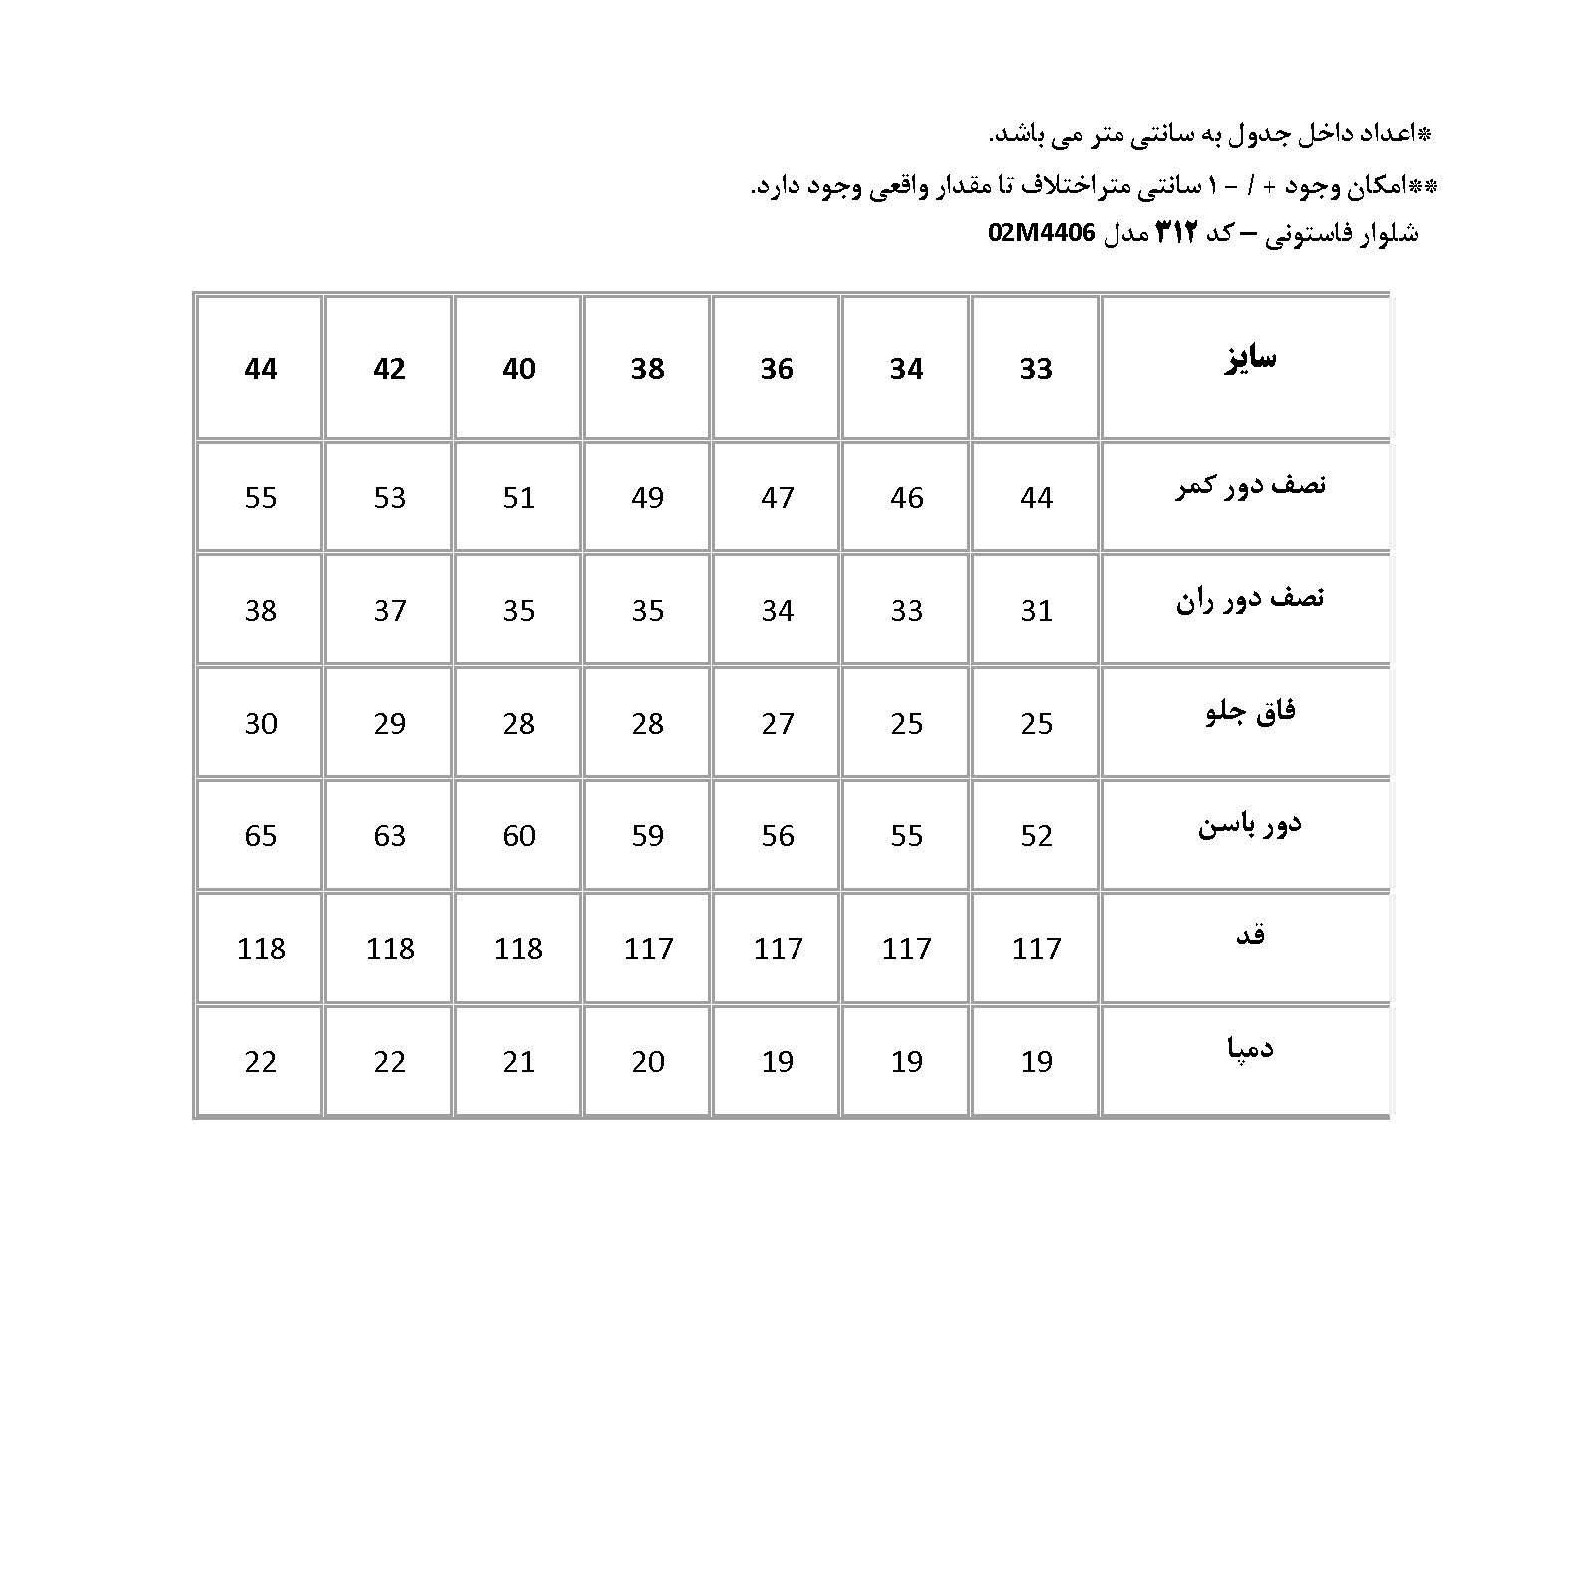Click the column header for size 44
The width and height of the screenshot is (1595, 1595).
pyautogui.click(x=261, y=369)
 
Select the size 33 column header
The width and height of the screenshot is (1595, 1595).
pyautogui.click(x=1036, y=369)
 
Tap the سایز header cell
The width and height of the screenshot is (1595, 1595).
pyautogui.click(x=1250, y=359)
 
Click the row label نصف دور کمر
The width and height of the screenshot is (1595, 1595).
pyautogui.click(x=1250, y=486)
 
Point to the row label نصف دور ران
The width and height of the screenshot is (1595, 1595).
pyautogui.click(x=1250, y=599)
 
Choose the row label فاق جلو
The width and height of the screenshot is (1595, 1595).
pyautogui.click(x=1250, y=712)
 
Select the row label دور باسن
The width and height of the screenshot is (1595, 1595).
pyautogui.click(x=1250, y=825)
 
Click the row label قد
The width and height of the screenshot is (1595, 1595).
pyautogui.click(x=1250, y=935)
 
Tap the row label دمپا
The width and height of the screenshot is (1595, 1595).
pyautogui.click(x=1250, y=1048)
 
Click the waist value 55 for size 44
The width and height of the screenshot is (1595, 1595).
pyautogui.click(x=261, y=497)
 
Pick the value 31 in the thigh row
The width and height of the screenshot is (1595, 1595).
pyautogui.click(x=1036, y=610)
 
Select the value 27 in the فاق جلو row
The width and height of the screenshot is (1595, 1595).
pyautogui.click(x=778, y=723)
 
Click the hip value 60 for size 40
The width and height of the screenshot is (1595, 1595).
pyautogui.click(x=519, y=835)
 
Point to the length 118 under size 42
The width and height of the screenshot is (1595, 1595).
pyautogui.click(x=390, y=948)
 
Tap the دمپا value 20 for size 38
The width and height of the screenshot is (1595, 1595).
pyautogui.click(x=648, y=1061)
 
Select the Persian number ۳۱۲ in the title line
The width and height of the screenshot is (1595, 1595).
pyautogui.click(x=1176, y=233)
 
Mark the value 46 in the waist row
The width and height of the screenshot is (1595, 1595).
pyautogui.click(x=907, y=497)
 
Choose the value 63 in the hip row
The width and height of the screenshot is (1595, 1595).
pyautogui.click(x=390, y=835)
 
